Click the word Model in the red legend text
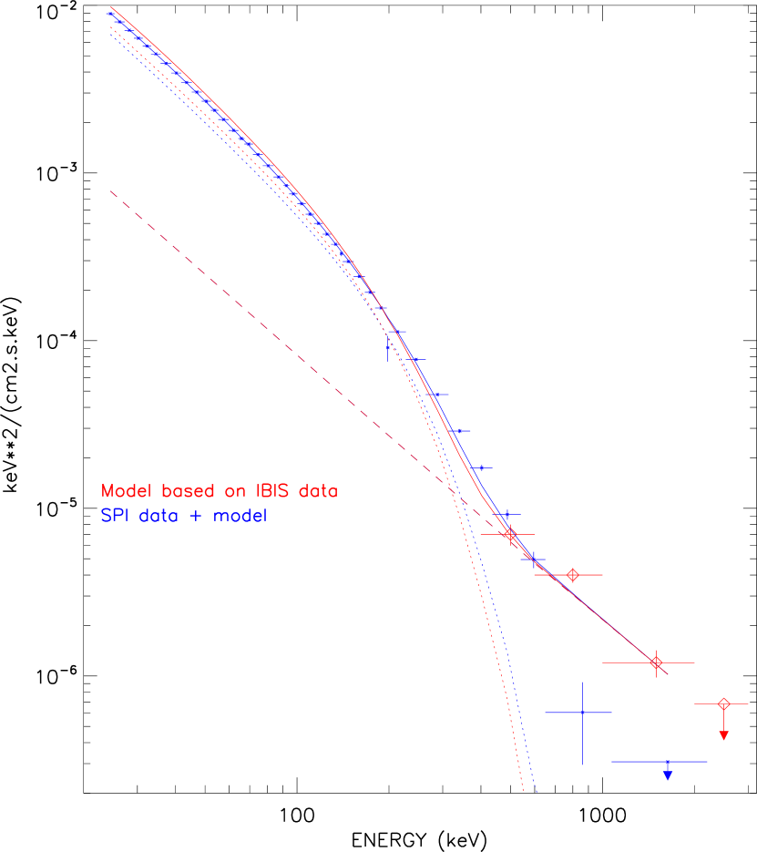128,491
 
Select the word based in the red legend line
187,491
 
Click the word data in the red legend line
316,491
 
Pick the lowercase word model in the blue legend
239,517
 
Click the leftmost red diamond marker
510,534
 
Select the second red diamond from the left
572,575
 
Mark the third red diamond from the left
656,662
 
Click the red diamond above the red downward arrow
724,703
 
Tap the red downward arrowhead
724,735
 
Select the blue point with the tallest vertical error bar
582,712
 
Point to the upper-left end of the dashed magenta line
111,191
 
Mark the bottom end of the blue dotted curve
537,793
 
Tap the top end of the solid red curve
111,8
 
